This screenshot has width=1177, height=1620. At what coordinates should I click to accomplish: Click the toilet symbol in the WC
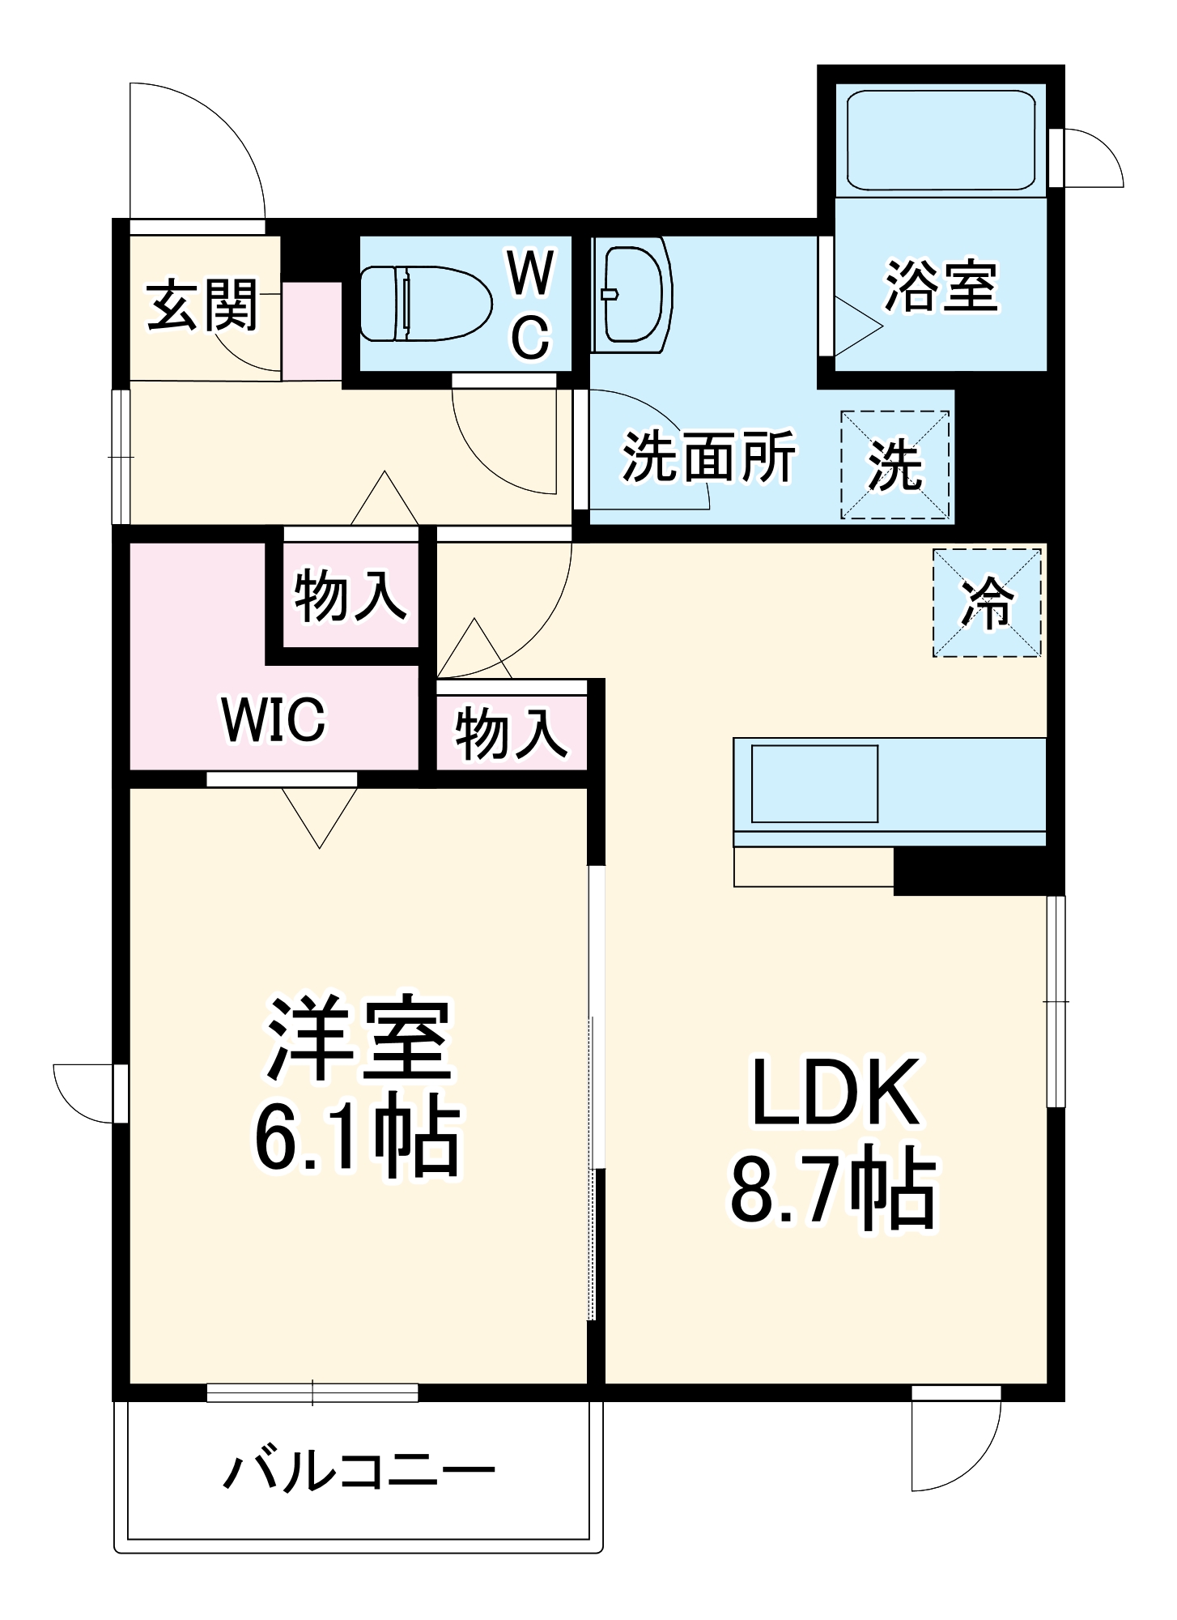425,304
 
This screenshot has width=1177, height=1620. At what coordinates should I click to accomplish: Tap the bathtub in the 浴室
941,140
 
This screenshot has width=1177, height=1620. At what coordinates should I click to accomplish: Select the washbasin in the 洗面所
633,294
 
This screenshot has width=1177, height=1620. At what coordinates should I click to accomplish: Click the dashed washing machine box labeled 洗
895,465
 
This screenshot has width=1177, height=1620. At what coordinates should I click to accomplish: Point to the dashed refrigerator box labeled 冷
987,603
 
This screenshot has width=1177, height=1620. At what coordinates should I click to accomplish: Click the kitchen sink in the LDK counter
814,783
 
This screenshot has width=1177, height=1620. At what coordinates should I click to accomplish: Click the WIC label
274,718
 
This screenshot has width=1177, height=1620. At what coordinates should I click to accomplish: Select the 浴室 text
941,286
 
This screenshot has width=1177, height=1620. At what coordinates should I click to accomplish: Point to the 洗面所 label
708,458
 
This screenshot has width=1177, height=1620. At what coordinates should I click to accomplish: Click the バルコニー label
359,1471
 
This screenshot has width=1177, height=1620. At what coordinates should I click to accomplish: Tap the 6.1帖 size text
357,1137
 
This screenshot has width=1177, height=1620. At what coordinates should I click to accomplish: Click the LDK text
836,1092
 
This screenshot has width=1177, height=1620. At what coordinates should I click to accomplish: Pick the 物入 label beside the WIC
350,596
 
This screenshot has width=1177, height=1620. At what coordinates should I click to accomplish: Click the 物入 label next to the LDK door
511,734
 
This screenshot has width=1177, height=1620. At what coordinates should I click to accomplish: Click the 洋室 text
359,1039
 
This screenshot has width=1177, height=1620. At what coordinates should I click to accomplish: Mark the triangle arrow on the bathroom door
856,327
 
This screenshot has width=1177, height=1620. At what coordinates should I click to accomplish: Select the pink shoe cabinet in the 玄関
312,330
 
